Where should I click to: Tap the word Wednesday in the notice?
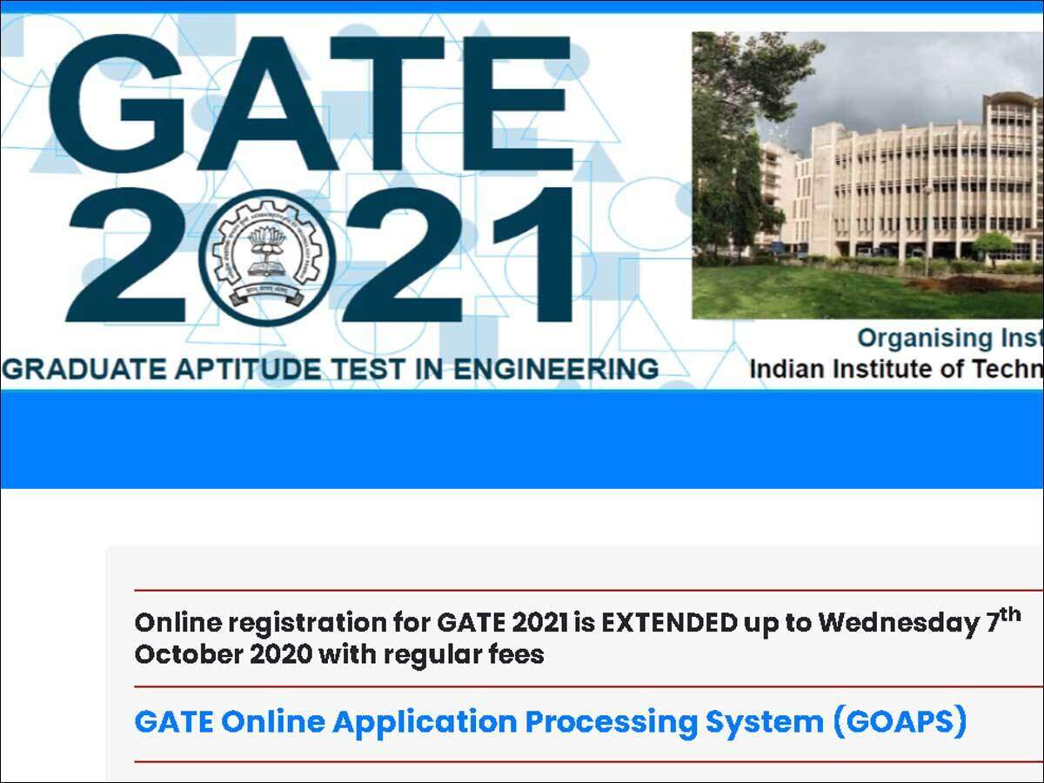click(896, 623)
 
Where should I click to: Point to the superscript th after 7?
click(1009, 614)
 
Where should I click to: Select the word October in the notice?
click(177, 654)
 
